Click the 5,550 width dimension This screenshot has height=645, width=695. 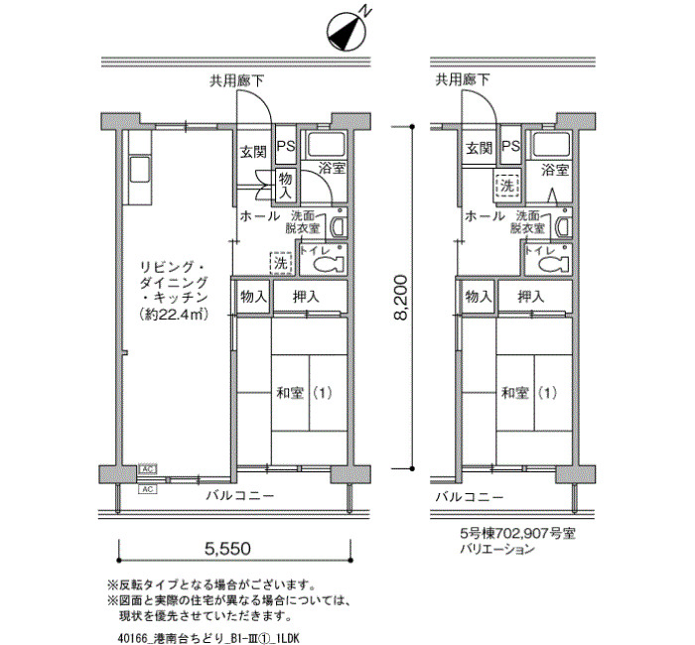point(227,549)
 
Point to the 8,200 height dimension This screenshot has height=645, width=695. point(401,298)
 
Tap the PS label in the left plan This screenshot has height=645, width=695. point(286,146)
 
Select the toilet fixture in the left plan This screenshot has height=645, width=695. point(329,265)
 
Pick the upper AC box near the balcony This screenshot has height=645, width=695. point(147,468)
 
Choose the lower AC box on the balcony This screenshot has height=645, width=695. point(147,489)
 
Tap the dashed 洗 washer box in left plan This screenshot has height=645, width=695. point(281,263)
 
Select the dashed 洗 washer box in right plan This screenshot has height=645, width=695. point(506,186)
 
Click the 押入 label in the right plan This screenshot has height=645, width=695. point(531,297)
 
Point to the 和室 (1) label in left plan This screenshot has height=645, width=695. point(304,393)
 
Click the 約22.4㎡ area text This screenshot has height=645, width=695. point(174,315)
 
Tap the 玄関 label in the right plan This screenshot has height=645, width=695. point(480,148)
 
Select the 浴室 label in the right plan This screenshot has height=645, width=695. point(554,170)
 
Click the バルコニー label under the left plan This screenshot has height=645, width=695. point(240,496)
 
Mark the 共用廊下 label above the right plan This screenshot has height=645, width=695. point(463,79)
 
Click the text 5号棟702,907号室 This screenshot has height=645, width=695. point(517,533)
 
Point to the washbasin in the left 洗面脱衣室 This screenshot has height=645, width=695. point(340,226)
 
